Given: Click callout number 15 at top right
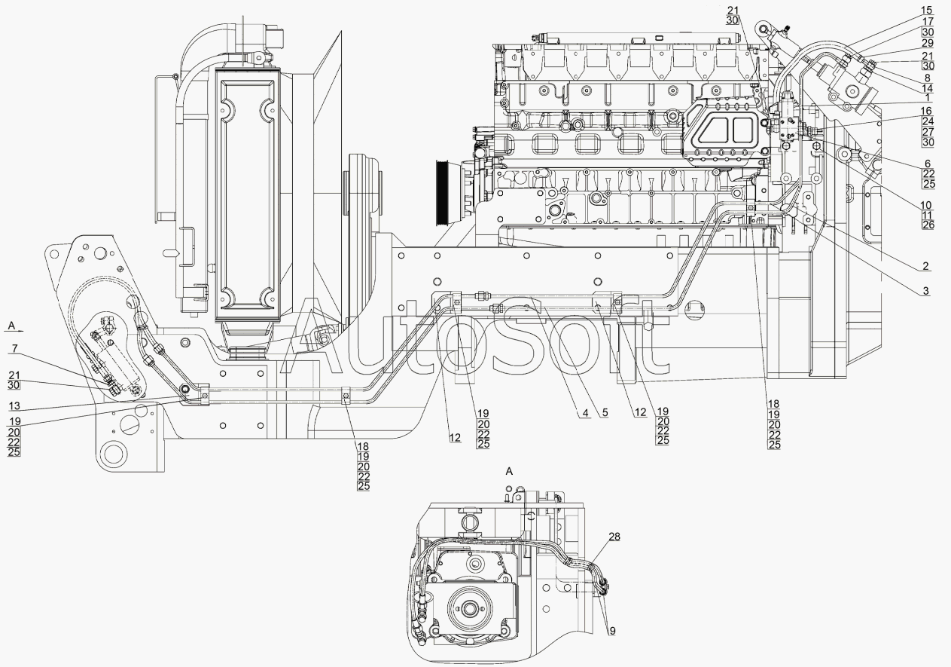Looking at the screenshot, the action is (x=927, y=10).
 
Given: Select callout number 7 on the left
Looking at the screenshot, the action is (x=15, y=349).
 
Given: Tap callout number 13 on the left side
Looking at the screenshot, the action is (x=14, y=405).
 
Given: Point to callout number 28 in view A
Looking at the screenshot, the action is (x=614, y=537).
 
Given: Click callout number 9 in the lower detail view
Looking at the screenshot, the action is (x=611, y=632).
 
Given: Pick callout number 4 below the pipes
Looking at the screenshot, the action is (x=585, y=412).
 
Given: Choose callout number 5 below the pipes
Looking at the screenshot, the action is (x=605, y=412).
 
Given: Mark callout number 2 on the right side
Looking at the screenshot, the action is (x=926, y=266).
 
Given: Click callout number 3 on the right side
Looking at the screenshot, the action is (x=926, y=291).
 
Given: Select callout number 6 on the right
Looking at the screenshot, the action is (x=928, y=164).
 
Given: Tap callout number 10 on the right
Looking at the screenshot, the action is (x=926, y=205).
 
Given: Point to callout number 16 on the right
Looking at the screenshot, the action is (x=926, y=112).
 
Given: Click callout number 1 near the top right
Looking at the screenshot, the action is (x=928, y=98).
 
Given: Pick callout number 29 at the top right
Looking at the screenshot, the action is (x=928, y=43).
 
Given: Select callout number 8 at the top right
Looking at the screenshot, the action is (x=928, y=78).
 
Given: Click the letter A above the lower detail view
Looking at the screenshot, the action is (x=510, y=472).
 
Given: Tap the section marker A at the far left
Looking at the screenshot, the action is (x=11, y=326).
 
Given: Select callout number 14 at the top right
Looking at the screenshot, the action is (x=928, y=88).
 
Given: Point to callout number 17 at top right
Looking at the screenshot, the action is (x=928, y=21).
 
